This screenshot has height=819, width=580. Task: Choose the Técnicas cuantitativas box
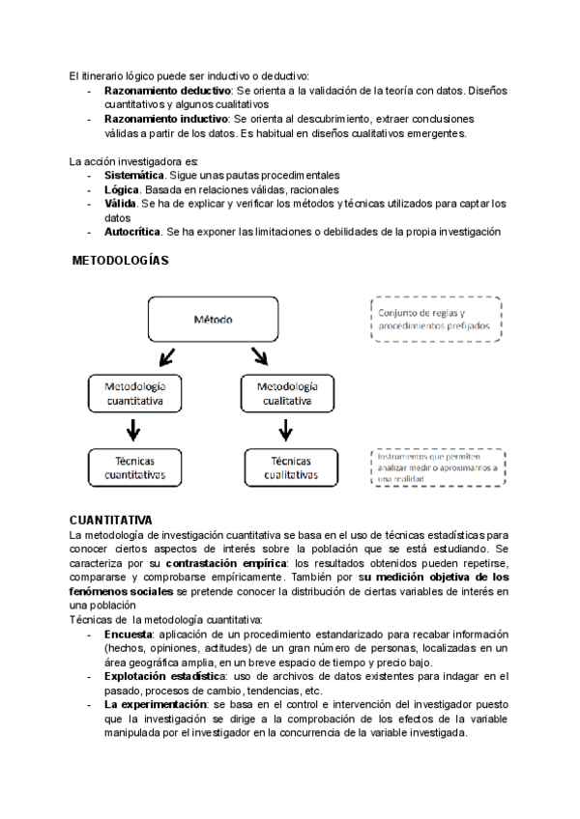[134, 466]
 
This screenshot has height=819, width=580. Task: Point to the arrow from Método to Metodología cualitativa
[258, 356]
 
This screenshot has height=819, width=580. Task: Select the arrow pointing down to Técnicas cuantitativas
[133, 429]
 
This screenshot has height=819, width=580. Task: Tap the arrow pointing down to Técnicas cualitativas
[286, 429]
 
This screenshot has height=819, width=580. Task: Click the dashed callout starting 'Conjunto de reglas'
[436, 320]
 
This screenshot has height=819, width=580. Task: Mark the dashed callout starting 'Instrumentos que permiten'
[436, 466]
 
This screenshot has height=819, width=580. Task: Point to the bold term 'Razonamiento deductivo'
[166, 91]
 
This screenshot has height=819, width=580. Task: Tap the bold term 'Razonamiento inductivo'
[164, 119]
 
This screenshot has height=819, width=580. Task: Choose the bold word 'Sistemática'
[134, 176]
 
